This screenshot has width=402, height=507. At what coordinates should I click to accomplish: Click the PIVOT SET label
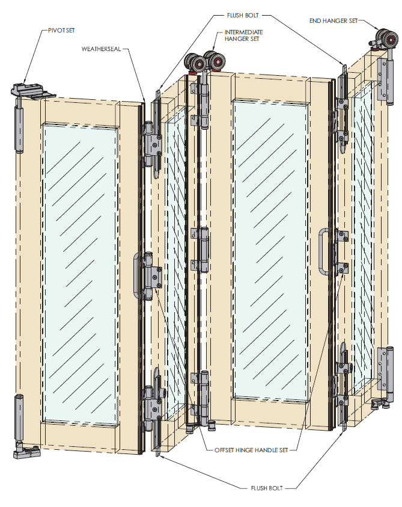(61, 31)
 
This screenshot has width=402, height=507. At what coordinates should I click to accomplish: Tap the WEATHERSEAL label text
(101, 49)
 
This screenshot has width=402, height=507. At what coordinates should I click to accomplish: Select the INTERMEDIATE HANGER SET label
(243, 35)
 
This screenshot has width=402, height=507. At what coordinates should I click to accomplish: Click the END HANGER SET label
(333, 21)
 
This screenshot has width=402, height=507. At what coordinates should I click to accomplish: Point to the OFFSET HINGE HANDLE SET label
(251, 450)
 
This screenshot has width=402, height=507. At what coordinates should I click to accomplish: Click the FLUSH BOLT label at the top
(243, 15)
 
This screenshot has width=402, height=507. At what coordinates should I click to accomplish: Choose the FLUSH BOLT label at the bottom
(267, 488)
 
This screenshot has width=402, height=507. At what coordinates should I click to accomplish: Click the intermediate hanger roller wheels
(204, 61)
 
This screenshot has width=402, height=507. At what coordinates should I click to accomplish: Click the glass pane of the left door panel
(80, 273)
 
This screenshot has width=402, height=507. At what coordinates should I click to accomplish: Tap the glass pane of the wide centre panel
(270, 249)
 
